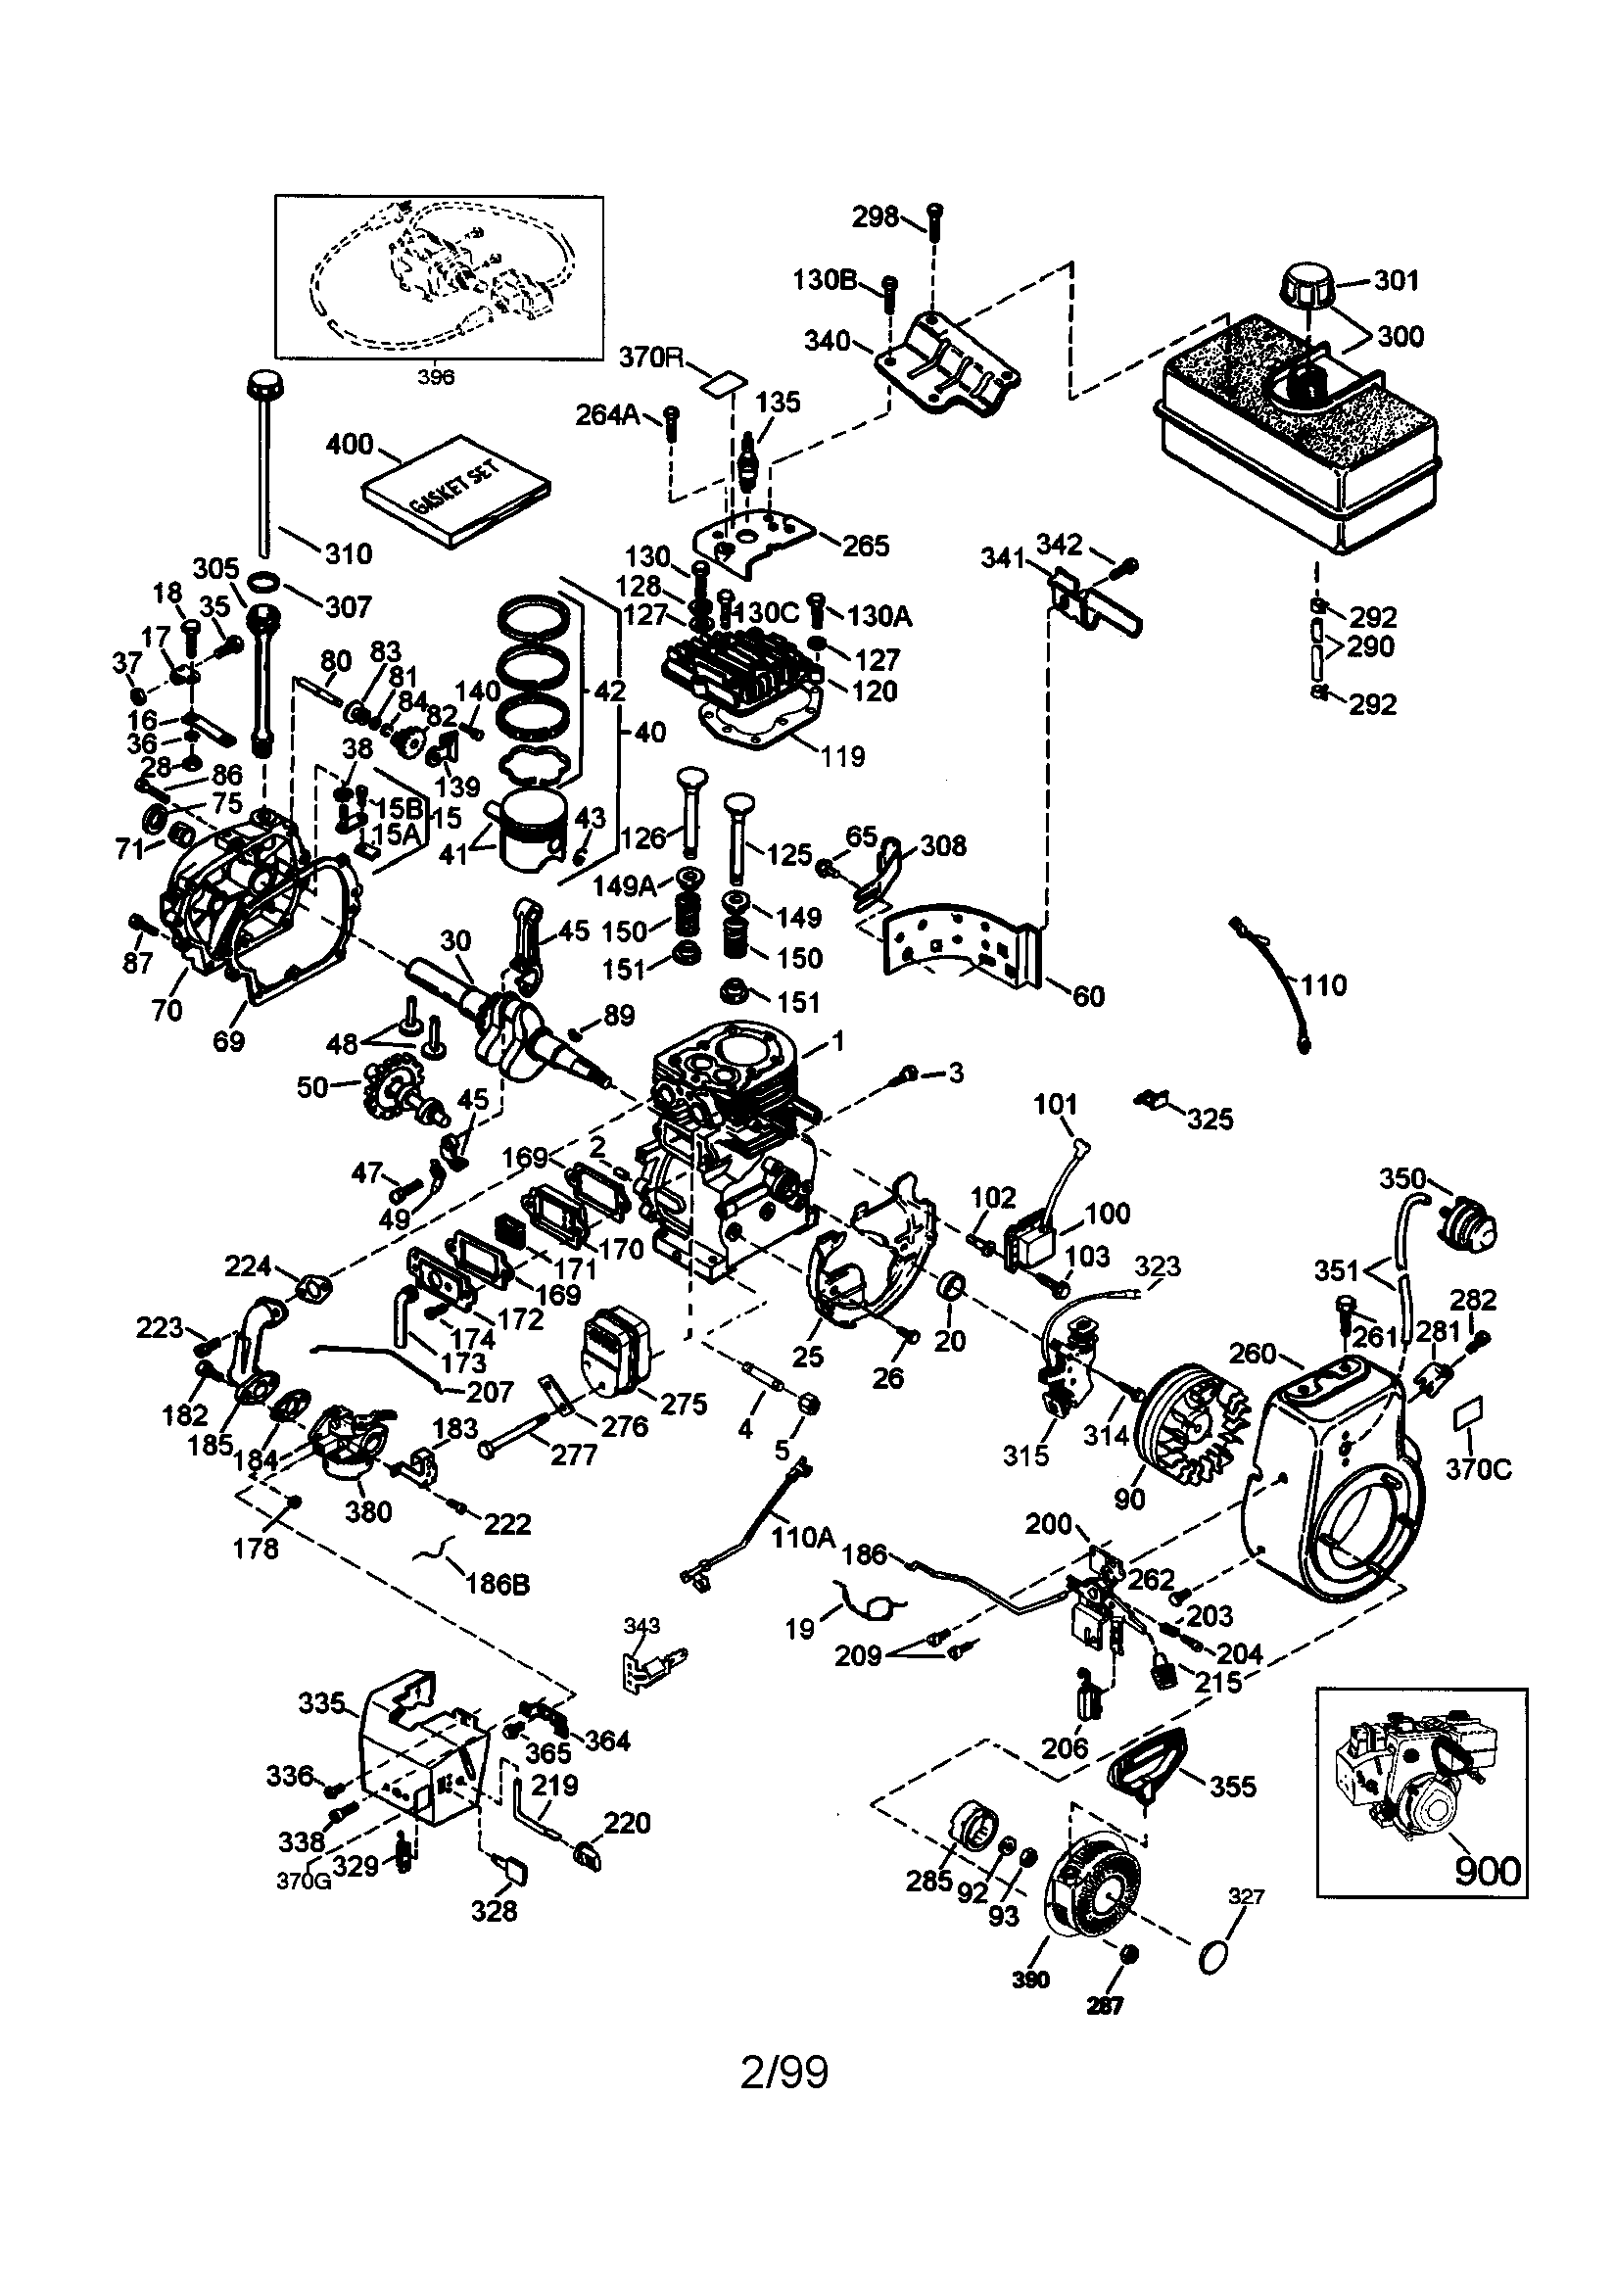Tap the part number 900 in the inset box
click(x=1488, y=1870)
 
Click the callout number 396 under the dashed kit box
click(x=436, y=377)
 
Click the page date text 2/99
click(x=784, y=2073)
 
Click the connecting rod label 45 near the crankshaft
click(x=574, y=930)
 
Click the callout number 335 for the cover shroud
click(x=321, y=1702)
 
